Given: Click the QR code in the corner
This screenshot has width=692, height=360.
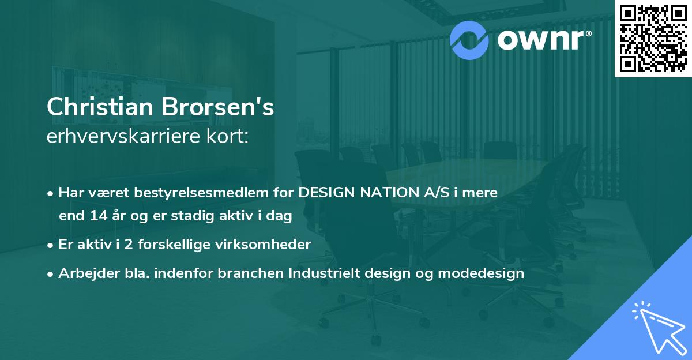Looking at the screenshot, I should [x=653, y=39].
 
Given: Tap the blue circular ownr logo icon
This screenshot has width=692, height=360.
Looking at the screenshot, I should [x=469, y=39].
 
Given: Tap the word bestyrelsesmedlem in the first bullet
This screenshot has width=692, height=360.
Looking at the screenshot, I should [x=205, y=193].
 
